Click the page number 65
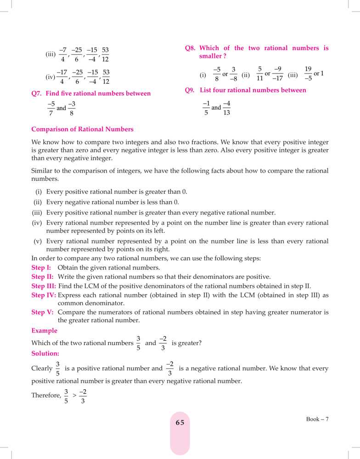180,423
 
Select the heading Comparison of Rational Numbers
83,129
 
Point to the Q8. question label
191,48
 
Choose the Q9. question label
191,90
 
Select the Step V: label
43,312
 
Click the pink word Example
45,330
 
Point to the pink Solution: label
45,354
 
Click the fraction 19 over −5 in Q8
308,73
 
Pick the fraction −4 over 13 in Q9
226,108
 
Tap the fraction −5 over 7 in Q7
51,108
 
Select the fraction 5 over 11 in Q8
259,74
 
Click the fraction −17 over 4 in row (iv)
62,77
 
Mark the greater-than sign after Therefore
74,395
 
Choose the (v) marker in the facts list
39,241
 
